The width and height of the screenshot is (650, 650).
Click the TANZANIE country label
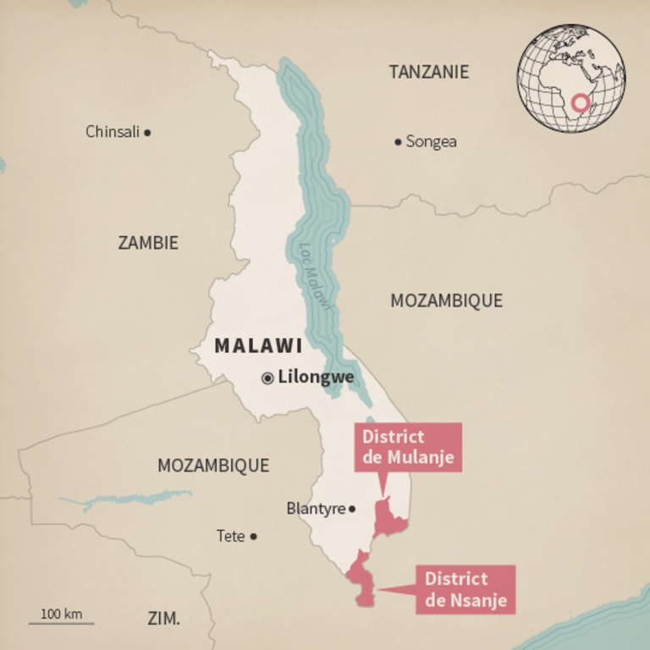pos(428,72)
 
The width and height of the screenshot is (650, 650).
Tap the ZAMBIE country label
pos(148,243)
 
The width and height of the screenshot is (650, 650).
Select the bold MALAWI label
pos(258,345)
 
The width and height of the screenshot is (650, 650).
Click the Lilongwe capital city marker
pos(267,378)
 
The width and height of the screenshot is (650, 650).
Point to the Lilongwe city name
pos(316,377)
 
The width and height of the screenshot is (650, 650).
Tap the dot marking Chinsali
pos(147,132)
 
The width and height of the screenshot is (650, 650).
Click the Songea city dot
pos(398,141)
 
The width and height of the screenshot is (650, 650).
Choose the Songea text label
pos(431,141)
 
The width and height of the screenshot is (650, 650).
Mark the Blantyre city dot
pos(352,509)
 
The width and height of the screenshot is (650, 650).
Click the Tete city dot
pos(253,536)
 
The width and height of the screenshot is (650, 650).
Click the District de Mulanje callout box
pos(408,447)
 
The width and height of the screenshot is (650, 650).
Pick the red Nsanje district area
pos(362,580)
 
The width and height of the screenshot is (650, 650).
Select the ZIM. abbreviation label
pos(163,619)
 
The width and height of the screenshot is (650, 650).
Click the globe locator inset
pos(571,78)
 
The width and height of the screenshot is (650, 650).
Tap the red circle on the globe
pos(580,103)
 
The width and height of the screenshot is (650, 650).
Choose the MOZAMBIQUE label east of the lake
pos(446,300)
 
